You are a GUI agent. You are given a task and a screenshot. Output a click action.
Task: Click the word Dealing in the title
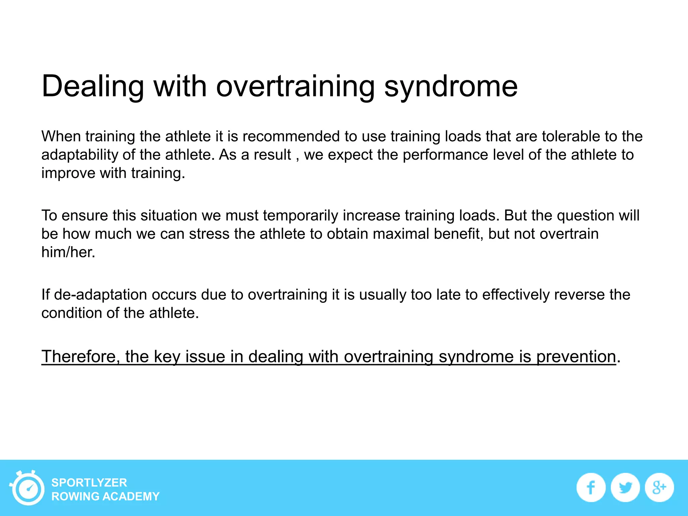pos(93,87)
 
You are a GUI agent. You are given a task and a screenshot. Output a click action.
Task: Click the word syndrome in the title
pos(450,87)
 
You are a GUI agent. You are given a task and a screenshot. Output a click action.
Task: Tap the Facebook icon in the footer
pos(591,487)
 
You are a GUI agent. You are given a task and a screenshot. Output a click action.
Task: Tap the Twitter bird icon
pos(625,487)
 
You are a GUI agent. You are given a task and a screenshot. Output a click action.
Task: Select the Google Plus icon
pos(659,487)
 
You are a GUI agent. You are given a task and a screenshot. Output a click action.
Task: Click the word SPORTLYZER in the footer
pos(89,483)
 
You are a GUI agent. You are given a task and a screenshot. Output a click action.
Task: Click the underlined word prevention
pos(576,356)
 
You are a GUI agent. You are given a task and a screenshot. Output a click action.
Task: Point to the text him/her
pos(68,252)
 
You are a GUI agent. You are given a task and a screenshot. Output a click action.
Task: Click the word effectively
pos(516,295)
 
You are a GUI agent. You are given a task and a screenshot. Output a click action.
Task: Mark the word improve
pos(68,173)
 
